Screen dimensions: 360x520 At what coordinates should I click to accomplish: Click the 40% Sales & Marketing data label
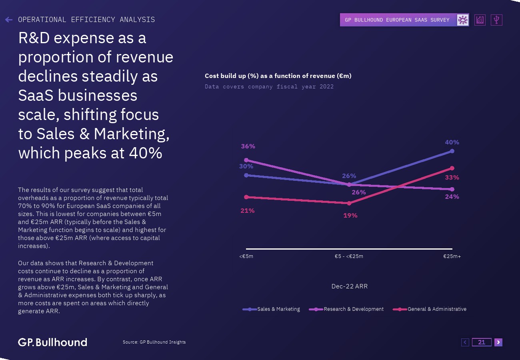coord(452,142)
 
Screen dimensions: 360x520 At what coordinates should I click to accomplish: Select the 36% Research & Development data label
coord(248,146)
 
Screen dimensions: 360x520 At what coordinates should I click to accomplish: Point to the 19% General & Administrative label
coord(350,216)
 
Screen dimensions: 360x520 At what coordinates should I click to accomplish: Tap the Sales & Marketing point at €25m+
coord(452,151)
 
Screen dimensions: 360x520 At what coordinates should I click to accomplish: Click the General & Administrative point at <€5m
coord(246,197)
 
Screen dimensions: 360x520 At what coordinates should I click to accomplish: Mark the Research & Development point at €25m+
coord(452,189)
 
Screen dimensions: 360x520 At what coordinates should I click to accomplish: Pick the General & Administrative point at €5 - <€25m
coord(349,203)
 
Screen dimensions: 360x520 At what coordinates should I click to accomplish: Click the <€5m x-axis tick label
coord(246,256)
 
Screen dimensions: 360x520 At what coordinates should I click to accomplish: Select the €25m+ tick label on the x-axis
coord(452,256)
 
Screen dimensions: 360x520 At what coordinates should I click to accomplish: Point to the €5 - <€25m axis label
coord(349,256)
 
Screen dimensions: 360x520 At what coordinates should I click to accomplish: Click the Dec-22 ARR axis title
coord(349,286)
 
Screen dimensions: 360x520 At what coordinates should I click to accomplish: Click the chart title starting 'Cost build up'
coord(278,76)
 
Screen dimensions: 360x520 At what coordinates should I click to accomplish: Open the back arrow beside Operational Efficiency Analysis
coord(9,20)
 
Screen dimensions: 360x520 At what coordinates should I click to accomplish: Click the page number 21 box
coord(482,342)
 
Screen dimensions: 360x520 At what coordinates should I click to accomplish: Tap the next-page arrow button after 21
coord(498,342)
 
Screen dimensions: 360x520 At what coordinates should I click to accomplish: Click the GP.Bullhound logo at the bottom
coord(52,342)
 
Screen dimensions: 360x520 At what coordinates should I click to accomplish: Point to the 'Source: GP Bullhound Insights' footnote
coord(154,342)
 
